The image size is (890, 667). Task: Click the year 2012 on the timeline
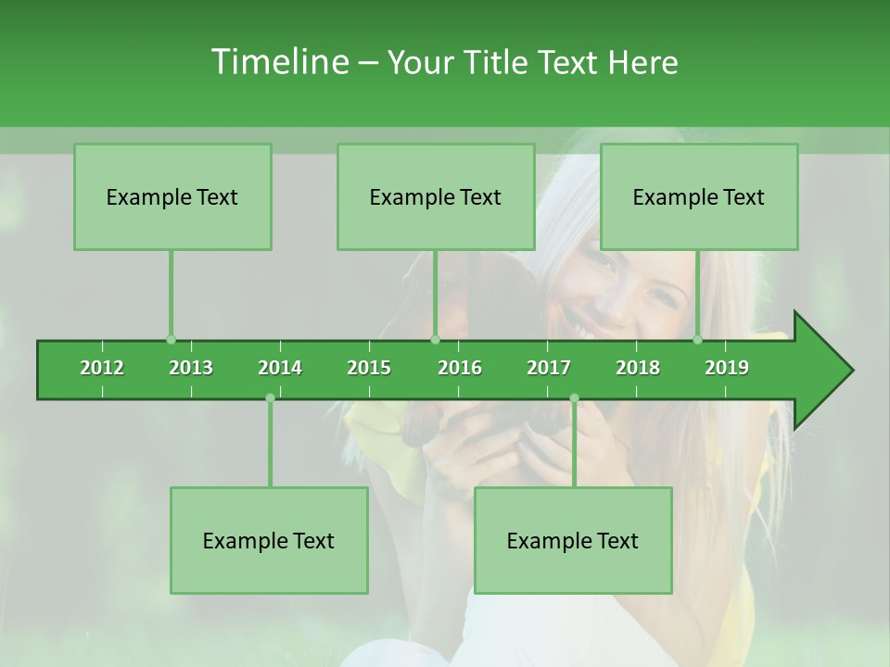coord(102,368)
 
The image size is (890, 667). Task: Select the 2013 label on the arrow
coord(191,368)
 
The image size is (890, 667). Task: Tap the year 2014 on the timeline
coord(280,368)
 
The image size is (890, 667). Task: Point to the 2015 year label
coord(369,368)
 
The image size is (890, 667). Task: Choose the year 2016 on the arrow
coord(460,368)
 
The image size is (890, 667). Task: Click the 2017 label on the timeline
coord(549,368)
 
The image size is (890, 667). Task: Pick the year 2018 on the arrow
coord(638,368)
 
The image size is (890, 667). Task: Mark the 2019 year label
coord(727,368)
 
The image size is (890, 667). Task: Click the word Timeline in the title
coord(279,62)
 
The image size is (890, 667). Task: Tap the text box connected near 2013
coord(172,196)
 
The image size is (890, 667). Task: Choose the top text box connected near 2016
coord(436,196)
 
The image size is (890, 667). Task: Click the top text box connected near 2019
coord(699,196)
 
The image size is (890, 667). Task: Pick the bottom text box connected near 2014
coord(269,540)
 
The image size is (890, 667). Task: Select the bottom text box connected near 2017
coord(573,540)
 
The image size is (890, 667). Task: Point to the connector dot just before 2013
coord(171,340)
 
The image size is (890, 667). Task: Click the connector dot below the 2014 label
coord(270,398)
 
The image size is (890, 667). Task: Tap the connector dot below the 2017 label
coord(574,398)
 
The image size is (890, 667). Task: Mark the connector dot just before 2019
coord(697,340)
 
